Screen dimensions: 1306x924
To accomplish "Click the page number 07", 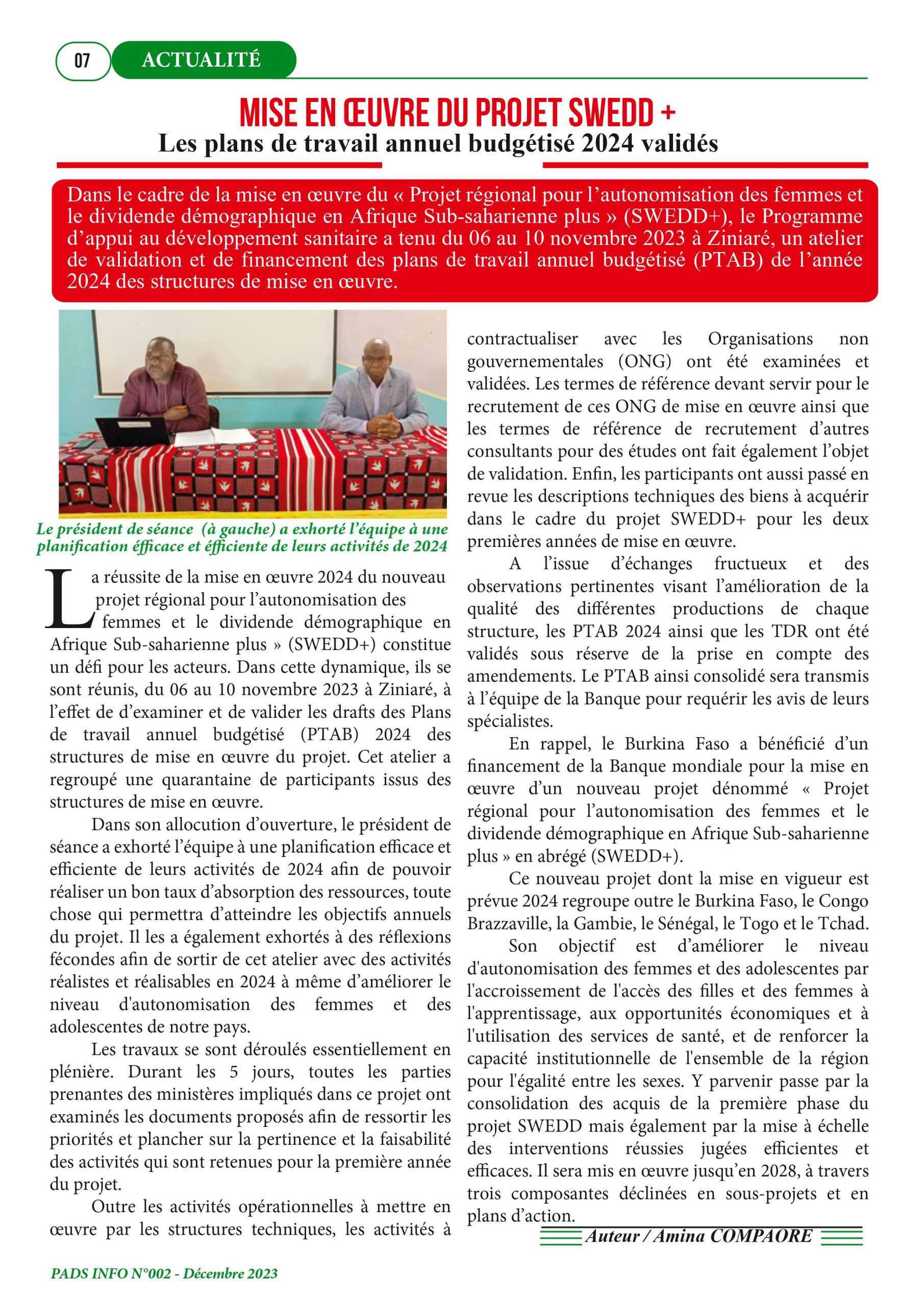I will click(82, 60).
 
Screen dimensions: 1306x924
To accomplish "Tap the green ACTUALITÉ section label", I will click(202, 60).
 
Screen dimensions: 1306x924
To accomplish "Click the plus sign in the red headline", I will click(669, 112).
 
